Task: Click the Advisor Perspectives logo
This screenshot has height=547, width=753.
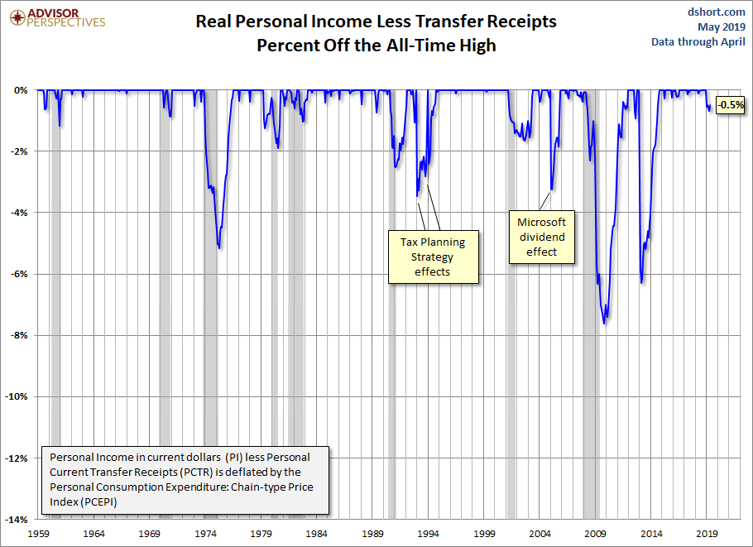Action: pyautogui.click(x=55, y=17)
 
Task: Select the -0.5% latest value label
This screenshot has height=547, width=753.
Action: pyautogui.click(x=731, y=105)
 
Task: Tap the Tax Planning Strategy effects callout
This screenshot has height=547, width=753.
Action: pyautogui.click(x=433, y=257)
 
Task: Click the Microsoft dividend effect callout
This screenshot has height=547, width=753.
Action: pyautogui.click(x=541, y=237)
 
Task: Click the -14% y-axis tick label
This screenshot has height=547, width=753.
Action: pyautogui.click(x=17, y=520)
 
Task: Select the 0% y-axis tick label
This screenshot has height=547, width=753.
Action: pyautogui.click(x=22, y=90)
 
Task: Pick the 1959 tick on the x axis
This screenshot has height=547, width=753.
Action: pyautogui.click(x=38, y=534)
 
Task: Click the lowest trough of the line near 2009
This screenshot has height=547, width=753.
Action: pyautogui.click(x=605, y=323)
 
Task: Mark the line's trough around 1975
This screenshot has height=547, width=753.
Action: pyautogui.click(x=218, y=247)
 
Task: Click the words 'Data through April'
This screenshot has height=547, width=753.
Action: pyautogui.click(x=698, y=41)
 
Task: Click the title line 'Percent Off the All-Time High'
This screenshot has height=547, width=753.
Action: pyautogui.click(x=376, y=45)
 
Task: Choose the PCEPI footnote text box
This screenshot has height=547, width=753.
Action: pyautogui.click(x=186, y=480)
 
